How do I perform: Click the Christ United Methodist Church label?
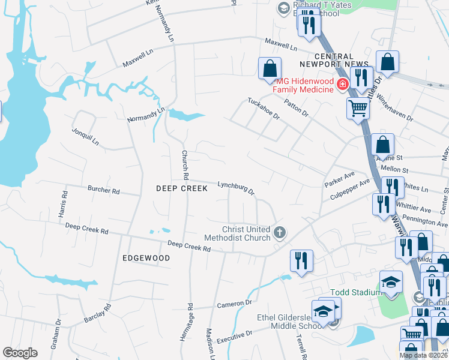pyautogui.click(x=246, y=233)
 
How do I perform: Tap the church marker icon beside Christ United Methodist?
pyautogui.click(x=279, y=232)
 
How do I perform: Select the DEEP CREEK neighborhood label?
pyautogui.click(x=181, y=188)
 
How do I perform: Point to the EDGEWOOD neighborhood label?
pyautogui.click(x=146, y=257)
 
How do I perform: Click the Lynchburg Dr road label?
pyautogui.click(x=237, y=188)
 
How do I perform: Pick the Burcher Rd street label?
pyautogui.click(x=103, y=190)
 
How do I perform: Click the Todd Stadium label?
pyautogui.click(x=355, y=292)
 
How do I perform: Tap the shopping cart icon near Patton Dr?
pyautogui.click(x=358, y=109)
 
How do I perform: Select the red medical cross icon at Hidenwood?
pyautogui.click(x=342, y=85)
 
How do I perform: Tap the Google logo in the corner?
pyautogui.click(x=20, y=353)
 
